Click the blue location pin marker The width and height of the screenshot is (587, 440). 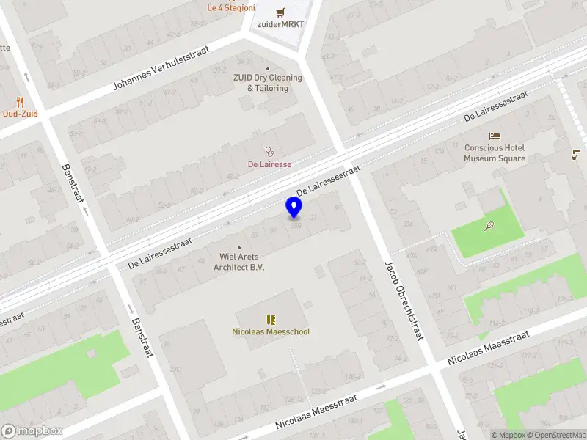[294, 208]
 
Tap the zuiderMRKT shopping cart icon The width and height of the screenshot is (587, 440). [280, 12]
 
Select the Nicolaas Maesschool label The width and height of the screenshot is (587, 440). [271, 331]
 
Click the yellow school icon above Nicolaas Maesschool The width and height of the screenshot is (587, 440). [271, 320]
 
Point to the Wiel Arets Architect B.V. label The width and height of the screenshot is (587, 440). [238, 262]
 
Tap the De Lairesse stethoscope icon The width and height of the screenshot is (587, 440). [269, 152]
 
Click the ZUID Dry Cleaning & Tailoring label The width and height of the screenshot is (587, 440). [267, 83]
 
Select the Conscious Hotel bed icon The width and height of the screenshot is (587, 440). [495, 136]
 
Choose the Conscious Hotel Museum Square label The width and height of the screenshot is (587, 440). [495, 153]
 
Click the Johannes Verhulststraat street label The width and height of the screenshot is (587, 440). [161, 68]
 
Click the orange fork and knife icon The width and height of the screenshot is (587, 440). [20, 102]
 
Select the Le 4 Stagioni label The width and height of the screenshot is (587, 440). [231, 8]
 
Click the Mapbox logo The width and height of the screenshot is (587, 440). [31, 431]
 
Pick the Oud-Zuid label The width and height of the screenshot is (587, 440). [20, 114]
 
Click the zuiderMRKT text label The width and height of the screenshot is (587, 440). [280, 23]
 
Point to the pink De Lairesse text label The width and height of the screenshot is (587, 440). [269, 164]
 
